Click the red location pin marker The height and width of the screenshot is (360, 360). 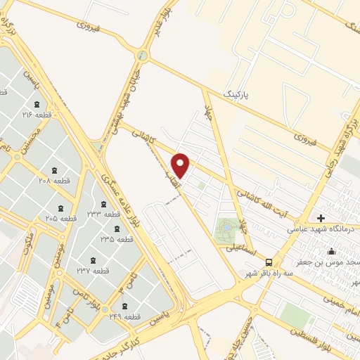pyautogui.click(x=181, y=165)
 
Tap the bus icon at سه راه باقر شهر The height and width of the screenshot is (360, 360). pyautogui.click(x=268, y=262)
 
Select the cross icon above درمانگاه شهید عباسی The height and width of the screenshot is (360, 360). pyautogui.click(x=321, y=218)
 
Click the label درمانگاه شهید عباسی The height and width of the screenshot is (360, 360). pyautogui.click(x=323, y=229)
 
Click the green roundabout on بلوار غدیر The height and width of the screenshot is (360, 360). pyautogui.click(x=144, y=56)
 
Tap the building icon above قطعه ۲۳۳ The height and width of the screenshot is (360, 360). pyautogui.click(x=103, y=205)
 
